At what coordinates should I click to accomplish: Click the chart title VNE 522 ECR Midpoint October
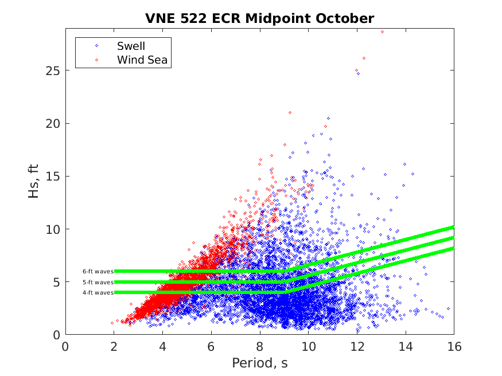[x=259, y=18]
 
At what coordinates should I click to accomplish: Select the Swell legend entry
[x=131, y=46]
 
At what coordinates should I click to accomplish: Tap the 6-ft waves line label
[x=98, y=271]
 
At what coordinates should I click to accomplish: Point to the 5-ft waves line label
[x=98, y=282]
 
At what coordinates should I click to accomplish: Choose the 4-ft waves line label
[x=98, y=293]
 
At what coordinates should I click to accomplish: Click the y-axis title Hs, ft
[x=34, y=180]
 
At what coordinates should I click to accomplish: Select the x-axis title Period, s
[x=259, y=363]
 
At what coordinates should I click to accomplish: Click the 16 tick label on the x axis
[x=454, y=346]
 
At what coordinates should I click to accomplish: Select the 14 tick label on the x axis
[x=405, y=346]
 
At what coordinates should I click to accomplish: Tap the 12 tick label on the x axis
[x=357, y=346]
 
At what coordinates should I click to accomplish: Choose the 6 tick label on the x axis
[x=211, y=346]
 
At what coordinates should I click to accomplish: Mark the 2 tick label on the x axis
[x=114, y=346]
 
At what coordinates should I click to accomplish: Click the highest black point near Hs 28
[x=382, y=32]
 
